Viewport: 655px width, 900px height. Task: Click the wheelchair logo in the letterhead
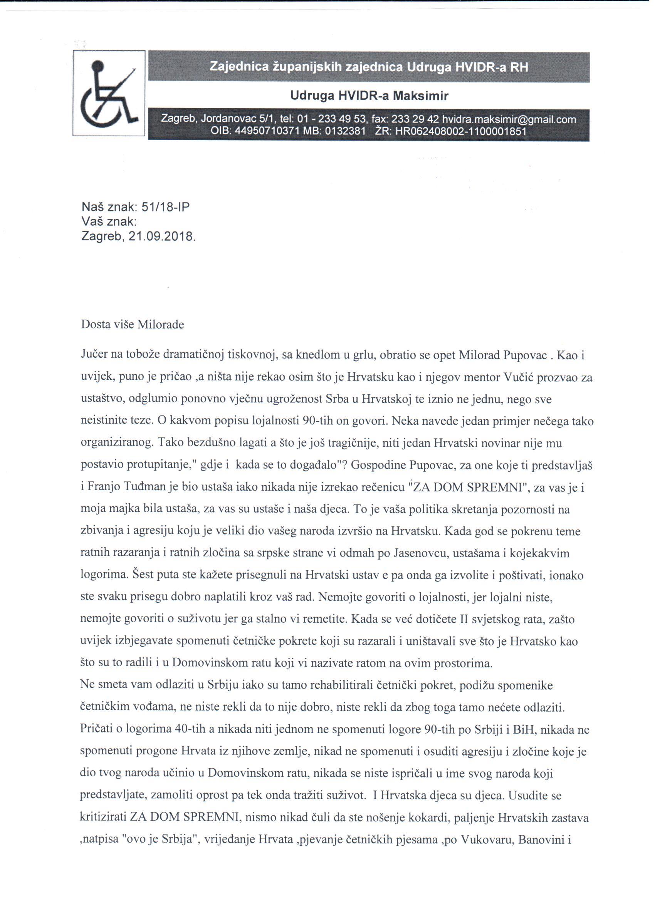click(x=108, y=93)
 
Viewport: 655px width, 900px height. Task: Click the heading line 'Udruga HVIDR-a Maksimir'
click(x=369, y=96)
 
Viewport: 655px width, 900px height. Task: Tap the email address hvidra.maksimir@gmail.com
click(x=509, y=119)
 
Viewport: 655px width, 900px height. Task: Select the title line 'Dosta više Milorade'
click(x=133, y=325)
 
